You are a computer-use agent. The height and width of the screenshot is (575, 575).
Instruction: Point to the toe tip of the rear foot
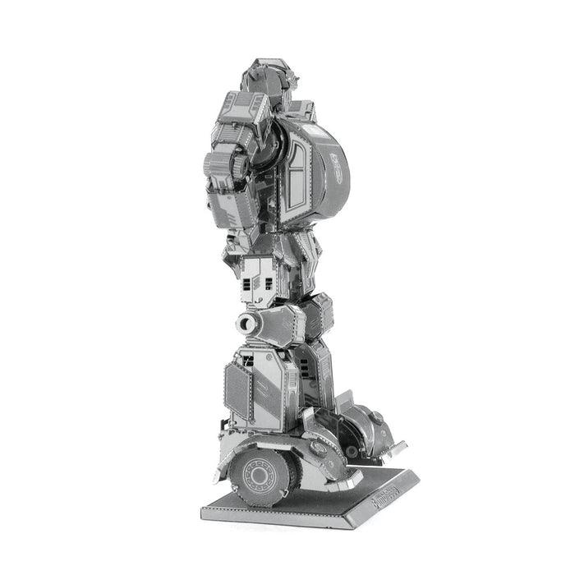point(398,448)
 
